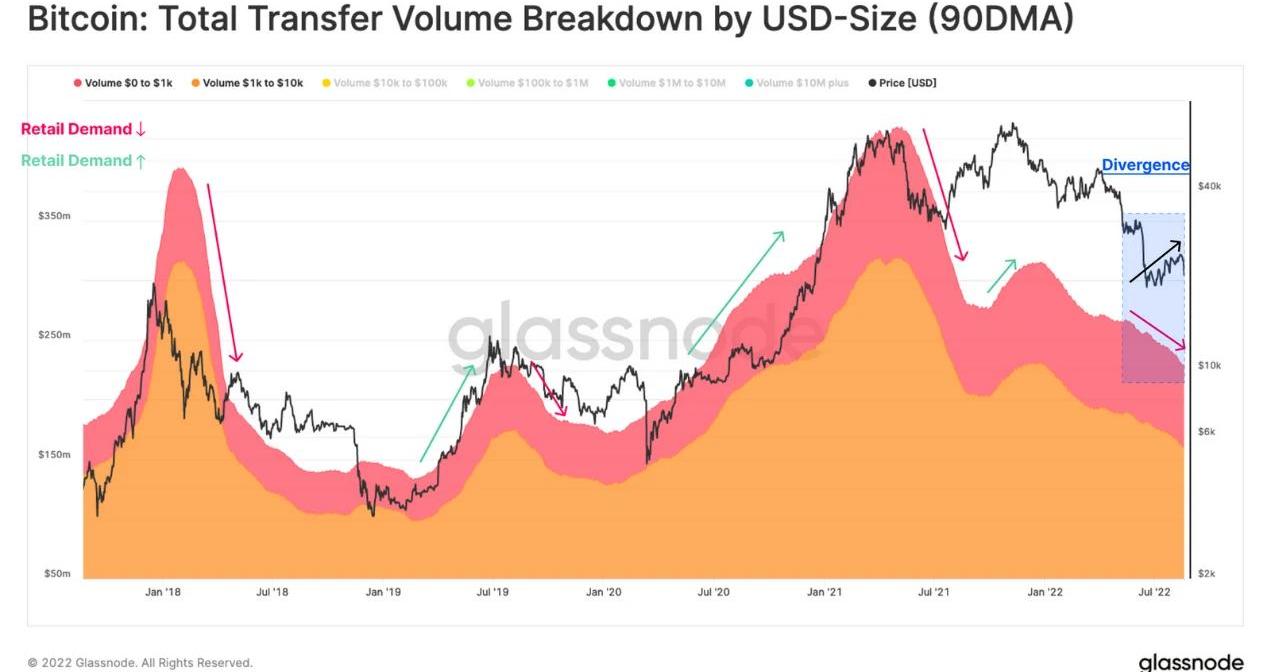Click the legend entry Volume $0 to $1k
[128, 83]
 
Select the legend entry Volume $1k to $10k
[252, 83]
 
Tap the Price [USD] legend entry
[908, 83]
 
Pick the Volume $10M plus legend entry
[802, 83]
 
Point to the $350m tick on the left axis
[54, 216]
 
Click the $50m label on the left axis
[56, 574]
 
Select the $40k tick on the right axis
[1209, 186]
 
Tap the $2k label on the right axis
[1207, 574]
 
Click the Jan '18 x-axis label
[162, 592]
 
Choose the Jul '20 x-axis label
[712, 592]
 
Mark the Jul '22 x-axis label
[1155, 592]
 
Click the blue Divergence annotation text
[1145, 165]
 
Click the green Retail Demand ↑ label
[83, 161]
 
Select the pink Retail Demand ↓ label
[83, 129]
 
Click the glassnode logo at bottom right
[1190, 662]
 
